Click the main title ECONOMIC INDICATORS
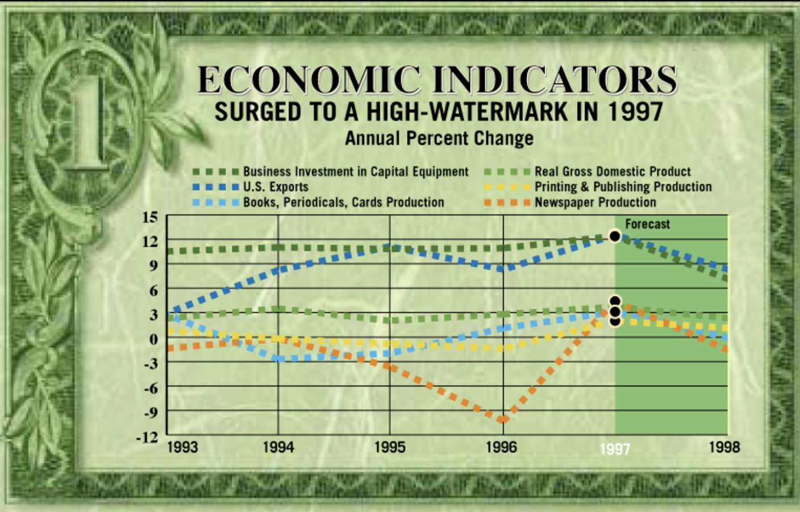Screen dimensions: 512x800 click(x=436, y=80)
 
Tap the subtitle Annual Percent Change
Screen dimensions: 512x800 click(x=439, y=139)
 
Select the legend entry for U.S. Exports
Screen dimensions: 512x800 click(x=276, y=187)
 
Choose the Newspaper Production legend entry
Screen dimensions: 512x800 click(x=595, y=202)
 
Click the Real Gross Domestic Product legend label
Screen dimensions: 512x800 click(x=612, y=172)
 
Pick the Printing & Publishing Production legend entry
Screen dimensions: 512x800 click(x=623, y=187)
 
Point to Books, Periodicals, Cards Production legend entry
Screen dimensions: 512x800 click(x=343, y=202)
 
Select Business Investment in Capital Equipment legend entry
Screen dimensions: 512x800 click(x=356, y=172)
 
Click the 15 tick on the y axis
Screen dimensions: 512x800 click(x=150, y=217)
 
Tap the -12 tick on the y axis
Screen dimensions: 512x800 click(x=147, y=437)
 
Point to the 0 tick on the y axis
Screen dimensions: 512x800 click(x=153, y=339)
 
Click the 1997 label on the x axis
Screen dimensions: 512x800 click(x=615, y=449)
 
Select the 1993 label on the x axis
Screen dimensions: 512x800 click(x=182, y=447)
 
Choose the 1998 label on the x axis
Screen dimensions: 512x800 click(x=724, y=447)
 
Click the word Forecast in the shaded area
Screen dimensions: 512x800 click(x=647, y=224)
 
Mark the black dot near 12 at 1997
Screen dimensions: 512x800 click(x=615, y=236)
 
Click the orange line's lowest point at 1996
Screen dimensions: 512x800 click(x=503, y=420)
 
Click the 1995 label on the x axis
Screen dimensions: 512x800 click(x=390, y=447)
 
